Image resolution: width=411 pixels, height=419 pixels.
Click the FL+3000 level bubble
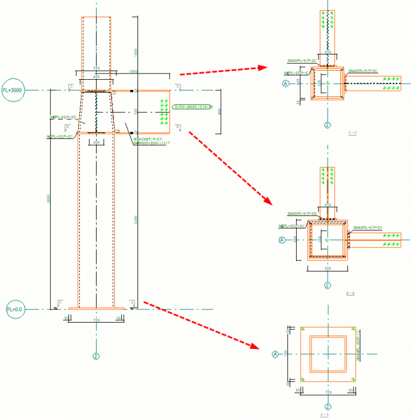pyautogui.click(x=12, y=91)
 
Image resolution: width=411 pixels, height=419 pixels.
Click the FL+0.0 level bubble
pyautogui.click(x=14, y=309)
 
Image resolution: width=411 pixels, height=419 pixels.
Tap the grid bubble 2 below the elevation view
pyautogui.click(x=96, y=356)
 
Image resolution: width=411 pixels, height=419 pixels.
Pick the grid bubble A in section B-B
pyautogui.click(x=282, y=239)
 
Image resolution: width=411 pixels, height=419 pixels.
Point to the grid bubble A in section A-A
pyautogui.click(x=275, y=355)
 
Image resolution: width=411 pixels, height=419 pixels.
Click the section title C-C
pyautogui.click(x=352, y=134)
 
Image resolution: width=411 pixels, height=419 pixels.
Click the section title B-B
pyautogui.click(x=349, y=293)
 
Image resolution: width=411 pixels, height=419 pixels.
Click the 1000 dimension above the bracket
pyautogui.click(x=133, y=72)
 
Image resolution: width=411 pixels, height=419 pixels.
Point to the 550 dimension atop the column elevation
pyautogui.click(x=96, y=68)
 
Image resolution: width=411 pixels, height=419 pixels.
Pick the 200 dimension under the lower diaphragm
pyautogui.click(x=97, y=142)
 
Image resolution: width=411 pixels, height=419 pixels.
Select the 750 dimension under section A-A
pyautogui.click(x=328, y=393)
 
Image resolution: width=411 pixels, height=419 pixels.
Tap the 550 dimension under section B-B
pyautogui.click(x=328, y=268)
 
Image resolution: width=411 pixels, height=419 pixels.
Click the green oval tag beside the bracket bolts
pyautogui.click(x=193, y=107)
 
